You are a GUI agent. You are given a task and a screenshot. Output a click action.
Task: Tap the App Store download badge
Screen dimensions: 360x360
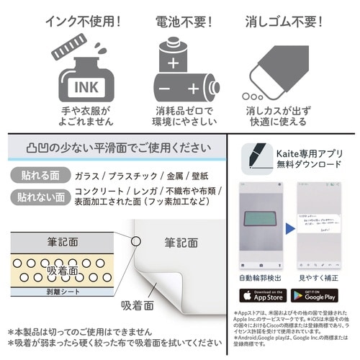pyautogui.click(x=264, y=296)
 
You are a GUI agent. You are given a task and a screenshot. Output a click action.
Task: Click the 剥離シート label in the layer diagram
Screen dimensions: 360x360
pyautogui.click(x=51, y=295)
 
